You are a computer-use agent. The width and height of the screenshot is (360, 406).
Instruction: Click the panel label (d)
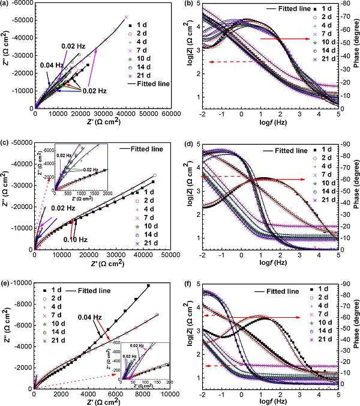point(192,143)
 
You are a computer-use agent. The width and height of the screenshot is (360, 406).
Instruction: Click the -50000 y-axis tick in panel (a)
point(22,20)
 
